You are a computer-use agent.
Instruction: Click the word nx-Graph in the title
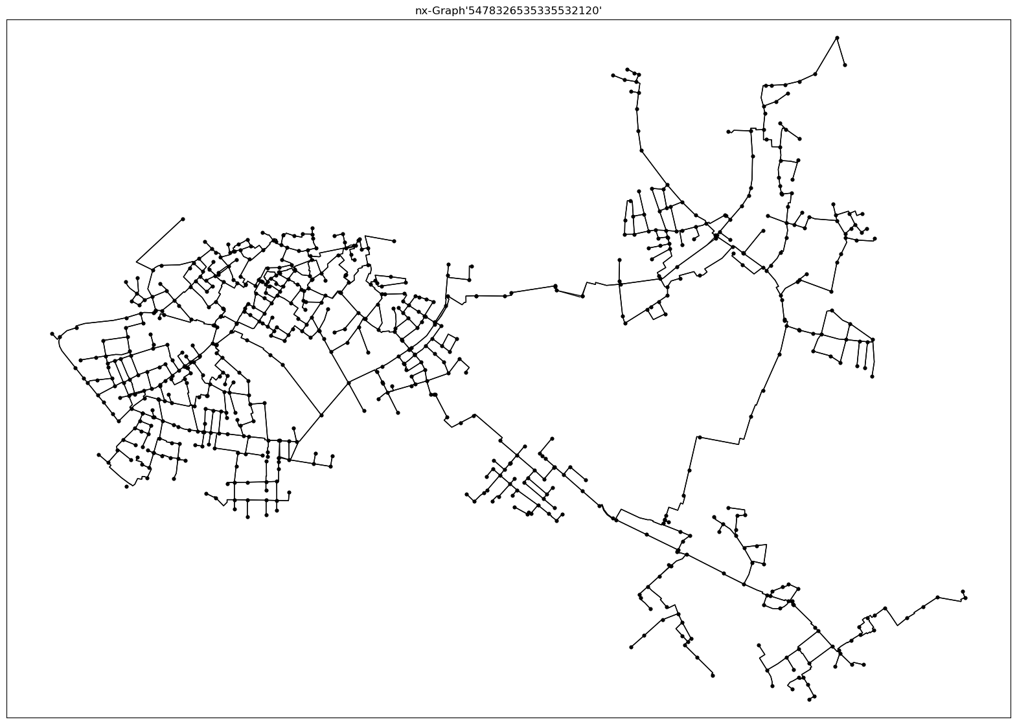(x=436, y=10)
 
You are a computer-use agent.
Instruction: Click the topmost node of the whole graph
(x=837, y=38)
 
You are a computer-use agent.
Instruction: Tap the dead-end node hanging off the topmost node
(x=845, y=65)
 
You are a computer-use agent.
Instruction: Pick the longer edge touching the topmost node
(x=826, y=56)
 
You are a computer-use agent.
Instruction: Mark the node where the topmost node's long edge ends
(x=815, y=74)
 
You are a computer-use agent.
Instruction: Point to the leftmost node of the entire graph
(x=52, y=334)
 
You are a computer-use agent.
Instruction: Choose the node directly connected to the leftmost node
(x=59, y=337)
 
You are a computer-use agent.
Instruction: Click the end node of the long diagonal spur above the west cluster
(x=183, y=219)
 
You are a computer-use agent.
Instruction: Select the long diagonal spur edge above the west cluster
(x=159, y=240)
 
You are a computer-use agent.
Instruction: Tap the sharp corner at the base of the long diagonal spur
(x=137, y=262)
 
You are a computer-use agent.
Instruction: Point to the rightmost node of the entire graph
(x=965, y=598)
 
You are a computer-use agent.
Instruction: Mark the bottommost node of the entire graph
(x=810, y=699)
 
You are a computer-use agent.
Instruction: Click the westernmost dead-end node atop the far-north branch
(x=613, y=75)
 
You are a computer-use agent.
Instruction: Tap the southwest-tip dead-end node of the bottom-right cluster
(x=631, y=647)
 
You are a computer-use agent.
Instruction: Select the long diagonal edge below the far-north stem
(x=668, y=183)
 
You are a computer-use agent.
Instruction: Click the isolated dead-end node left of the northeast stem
(x=729, y=132)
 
